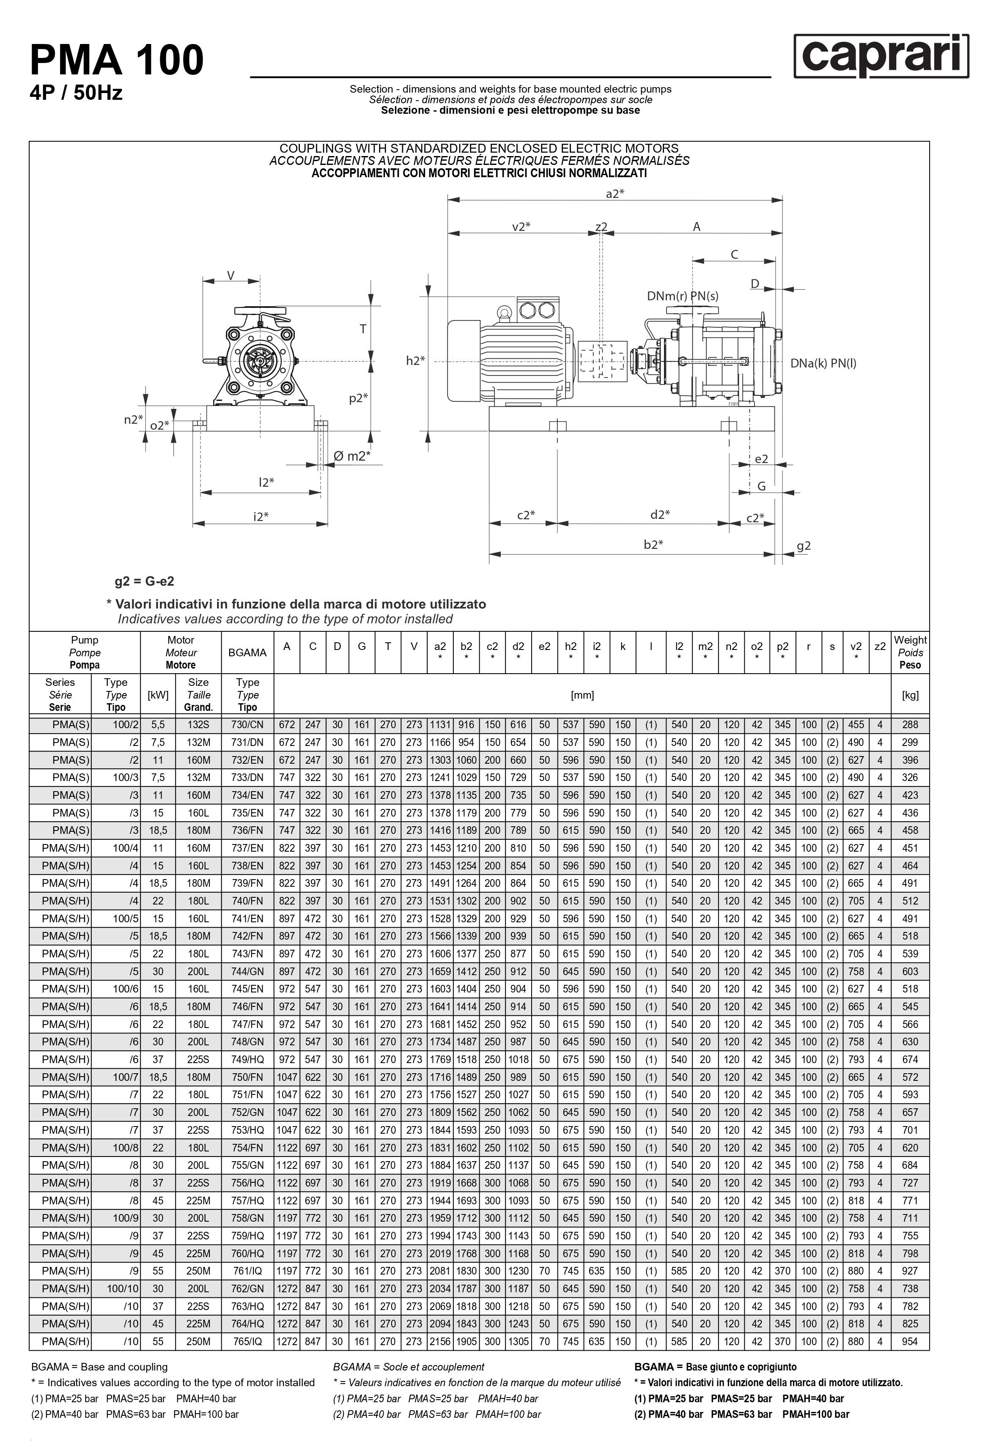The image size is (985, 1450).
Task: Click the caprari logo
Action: tap(881, 57)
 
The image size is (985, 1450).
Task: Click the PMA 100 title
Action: tap(117, 60)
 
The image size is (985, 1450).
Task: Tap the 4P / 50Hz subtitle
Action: tap(76, 93)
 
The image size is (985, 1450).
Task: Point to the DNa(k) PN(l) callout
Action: tap(823, 363)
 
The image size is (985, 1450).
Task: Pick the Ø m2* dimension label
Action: tap(351, 456)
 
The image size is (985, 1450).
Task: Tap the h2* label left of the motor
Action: tap(415, 361)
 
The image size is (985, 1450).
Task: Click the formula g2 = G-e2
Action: tap(144, 581)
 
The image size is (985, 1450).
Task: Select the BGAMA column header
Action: tap(247, 652)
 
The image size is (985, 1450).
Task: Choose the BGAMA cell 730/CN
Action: tap(247, 725)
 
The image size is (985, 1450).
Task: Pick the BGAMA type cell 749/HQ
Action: tap(247, 1059)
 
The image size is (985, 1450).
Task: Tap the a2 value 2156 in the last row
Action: tap(440, 1341)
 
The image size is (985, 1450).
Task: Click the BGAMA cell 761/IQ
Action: tap(247, 1271)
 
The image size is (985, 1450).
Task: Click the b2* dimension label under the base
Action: tap(653, 545)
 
